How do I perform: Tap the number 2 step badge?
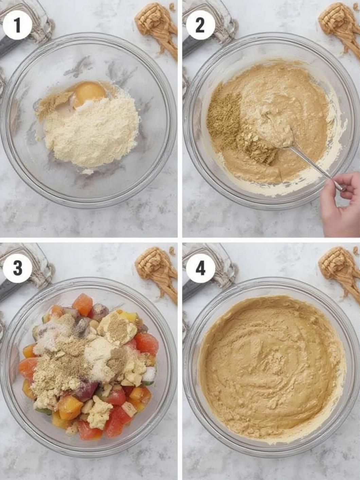[x=200, y=25]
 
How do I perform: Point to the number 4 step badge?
[x=200, y=268]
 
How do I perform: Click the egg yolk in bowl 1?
[x=89, y=93]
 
